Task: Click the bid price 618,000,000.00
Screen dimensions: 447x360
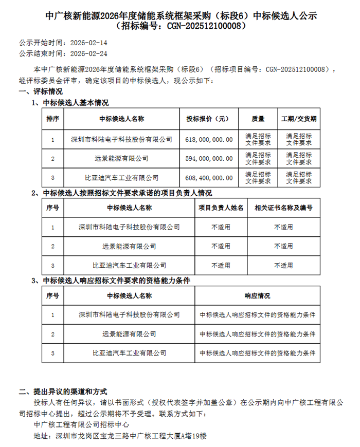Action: [x=208, y=139]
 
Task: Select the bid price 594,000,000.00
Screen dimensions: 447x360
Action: [x=208, y=158]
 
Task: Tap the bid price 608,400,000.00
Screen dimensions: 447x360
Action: [x=208, y=177]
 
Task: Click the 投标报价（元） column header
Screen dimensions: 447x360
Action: [x=208, y=119]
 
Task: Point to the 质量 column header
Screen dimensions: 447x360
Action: [x=258, y=119]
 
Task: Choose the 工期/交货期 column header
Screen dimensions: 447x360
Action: [x=299, y=119]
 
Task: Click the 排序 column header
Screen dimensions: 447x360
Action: [x=53, y=119]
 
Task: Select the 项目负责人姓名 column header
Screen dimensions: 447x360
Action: [x=221, y=208]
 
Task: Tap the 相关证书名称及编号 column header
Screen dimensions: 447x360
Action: [x=283, y=208]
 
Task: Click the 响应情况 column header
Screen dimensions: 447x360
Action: [x=257, y=296]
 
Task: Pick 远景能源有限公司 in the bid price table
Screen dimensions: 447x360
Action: [x=121, y=158]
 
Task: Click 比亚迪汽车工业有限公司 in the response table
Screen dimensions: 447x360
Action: [x=129, y=353]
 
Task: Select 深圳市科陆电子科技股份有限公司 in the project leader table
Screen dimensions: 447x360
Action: [x=129, y=227]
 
